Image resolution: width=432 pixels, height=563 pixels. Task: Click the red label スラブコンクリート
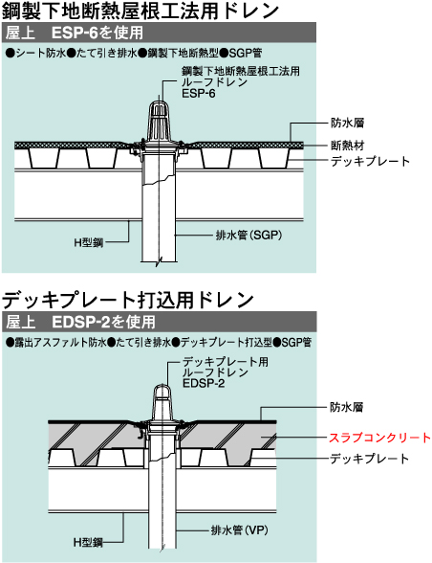coord(379,438)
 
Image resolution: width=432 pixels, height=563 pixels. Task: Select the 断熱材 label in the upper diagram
coord(347,146)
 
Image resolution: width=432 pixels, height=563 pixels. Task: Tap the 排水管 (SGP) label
coord(248,236)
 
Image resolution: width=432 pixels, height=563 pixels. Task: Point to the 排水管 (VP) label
coord(239,530)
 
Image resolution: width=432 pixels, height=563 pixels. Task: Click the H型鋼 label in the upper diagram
coord(89,242)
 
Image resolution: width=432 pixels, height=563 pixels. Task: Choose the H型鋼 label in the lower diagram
coord(88,542)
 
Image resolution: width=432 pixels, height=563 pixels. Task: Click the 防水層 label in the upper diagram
coord(347,123)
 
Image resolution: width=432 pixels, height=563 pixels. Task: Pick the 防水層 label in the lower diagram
coord(346,407)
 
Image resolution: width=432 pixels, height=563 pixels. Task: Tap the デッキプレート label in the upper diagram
coord(370,161)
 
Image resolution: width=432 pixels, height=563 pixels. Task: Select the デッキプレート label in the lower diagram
coord(369,459)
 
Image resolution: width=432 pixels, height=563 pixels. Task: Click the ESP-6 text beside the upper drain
coord(199,94)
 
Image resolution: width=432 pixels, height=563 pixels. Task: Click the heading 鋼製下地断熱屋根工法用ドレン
coord(140,11)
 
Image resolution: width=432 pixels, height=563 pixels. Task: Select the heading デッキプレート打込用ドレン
coord(128,300)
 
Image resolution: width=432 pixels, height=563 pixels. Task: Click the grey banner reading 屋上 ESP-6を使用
coord(159,33)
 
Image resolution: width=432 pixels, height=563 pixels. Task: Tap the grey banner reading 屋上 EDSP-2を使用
coord(159,322)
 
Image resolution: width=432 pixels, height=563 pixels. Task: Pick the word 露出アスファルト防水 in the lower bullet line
coord(60,342)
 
